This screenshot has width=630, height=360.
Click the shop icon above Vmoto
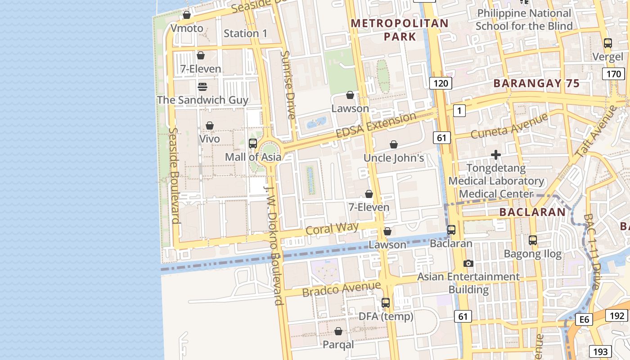coord(187,15)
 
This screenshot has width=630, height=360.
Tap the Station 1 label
coord(245,33)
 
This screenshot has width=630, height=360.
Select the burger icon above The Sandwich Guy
coord(202,86)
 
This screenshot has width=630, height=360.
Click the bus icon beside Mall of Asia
coord(253,144)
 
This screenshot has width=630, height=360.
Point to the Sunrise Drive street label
coord(288,85)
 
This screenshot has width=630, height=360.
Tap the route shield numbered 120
coord(441,83)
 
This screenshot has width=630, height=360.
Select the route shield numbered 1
coord(459,110)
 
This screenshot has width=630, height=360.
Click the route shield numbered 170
coord(613,74)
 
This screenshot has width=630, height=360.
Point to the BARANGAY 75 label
coord(536,83)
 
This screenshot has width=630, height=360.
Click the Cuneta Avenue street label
coord(509,126)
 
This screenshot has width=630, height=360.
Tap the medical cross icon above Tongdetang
coord(496,155)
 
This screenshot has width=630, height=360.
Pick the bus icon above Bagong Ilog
coord(533,240)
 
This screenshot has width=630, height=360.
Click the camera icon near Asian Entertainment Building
coord(468,263)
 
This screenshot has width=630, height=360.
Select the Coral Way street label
coord(332,228)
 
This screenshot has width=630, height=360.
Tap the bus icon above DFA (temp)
coord(386,303)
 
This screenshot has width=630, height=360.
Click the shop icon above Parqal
coord(338,331)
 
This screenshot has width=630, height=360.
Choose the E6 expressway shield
coord(584,319)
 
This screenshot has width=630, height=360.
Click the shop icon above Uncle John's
coord(394,144)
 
